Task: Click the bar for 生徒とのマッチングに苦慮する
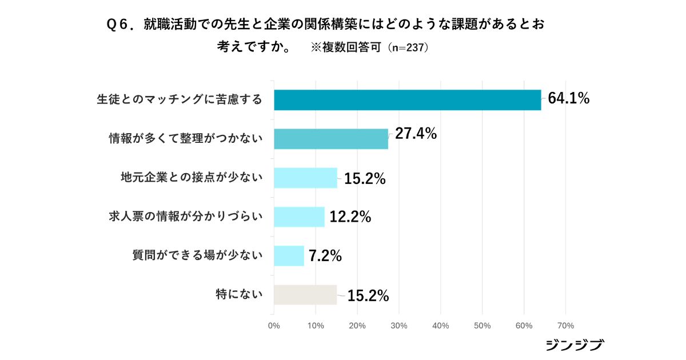pos(407,100)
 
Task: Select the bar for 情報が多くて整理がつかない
pos(331,139)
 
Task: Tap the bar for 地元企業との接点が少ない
pos(305,178)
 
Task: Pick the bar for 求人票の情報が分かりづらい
pos(299,217)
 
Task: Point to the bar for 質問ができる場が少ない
pos(289,255)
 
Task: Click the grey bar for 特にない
pos(305,295)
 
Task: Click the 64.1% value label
pos(568,98)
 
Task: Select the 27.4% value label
pos(416,134)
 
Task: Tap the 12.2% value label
pos(350,217)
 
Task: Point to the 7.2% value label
pos(325,256)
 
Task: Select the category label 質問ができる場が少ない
pos(197,255)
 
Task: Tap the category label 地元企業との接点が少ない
pos(192,178)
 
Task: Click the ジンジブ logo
pos(575,345)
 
